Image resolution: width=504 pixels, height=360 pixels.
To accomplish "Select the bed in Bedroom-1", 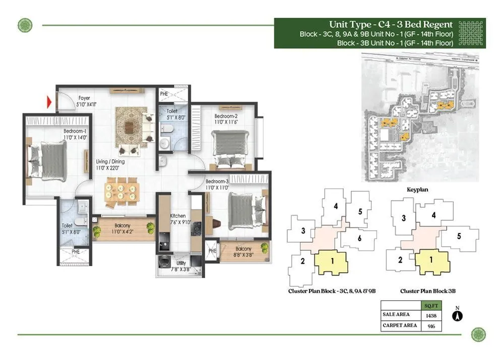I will pyautogui.click(x=48, y=160).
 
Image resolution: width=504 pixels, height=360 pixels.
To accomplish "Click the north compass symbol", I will pyautogui.click(x=458, y=316).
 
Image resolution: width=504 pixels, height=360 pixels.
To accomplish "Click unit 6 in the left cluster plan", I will pyautogui.click(x=359, y=238).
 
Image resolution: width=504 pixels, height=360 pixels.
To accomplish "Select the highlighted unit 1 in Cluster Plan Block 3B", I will pyautogui.click(x=431, y=261).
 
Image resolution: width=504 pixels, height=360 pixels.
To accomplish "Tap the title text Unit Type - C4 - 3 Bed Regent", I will pyautogui.click(x=391, y=24).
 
